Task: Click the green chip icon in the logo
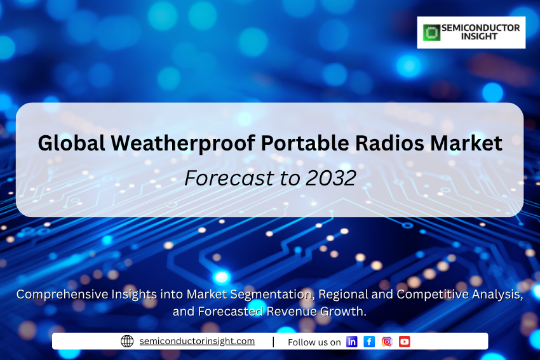click(x=431, y=32)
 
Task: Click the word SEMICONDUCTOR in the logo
click(x=480, y=28)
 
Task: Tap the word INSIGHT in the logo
click(x=480, y=36)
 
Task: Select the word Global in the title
click(x=71, y=143)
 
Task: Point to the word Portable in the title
click(x=305, y=143)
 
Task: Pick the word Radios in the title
click(x=389, y=143)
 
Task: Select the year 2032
click(x=330, y=178)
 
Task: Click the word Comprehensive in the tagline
click(x=62, y=295)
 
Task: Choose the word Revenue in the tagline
click(x=292, y=311)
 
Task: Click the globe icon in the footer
click(x=127, y=341)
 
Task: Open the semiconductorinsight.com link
click(x=197, y=341)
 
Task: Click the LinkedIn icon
click(x=351, y=342)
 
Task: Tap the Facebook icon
click(x=369, y=342)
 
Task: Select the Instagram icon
click(x=387, y=342)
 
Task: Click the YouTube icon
click(x=404, y=342)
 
